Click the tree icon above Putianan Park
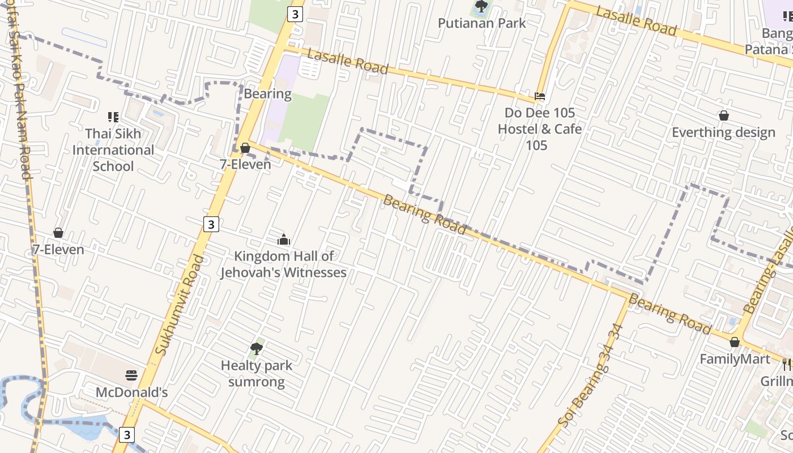coord(481,7)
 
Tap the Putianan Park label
coord(482,23)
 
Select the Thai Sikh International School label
coord(113,150)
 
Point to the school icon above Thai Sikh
coord(113,117)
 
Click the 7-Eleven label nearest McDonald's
coord(58,250)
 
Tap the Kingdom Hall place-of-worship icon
coord(284,240)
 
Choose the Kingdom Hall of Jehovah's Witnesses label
coord(283,264)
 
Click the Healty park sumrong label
coord(257,374)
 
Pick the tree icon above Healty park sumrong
coord(257,349)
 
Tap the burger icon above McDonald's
coord(131,375)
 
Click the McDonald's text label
coord(131,392)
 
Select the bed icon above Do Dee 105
coord(540,96)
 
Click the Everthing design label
coord(723,133)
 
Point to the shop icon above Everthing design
coord(723,116)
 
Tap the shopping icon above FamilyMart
coord(735,342)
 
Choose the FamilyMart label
coord(735,359)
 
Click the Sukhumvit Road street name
coord(179,306)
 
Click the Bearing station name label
coord(267,94)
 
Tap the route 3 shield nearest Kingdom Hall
coord(211,224)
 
